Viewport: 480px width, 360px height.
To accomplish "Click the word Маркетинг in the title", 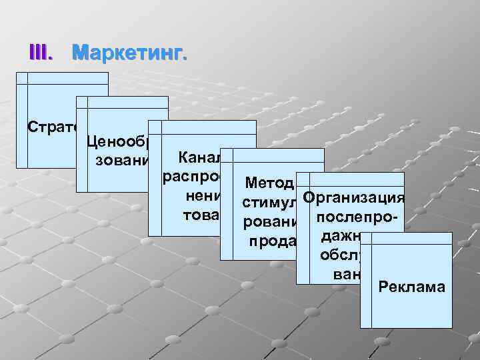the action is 129,51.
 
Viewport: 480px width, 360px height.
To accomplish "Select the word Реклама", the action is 411,287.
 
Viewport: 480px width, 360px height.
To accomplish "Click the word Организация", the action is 353,198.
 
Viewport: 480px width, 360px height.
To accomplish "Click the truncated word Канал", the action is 196,158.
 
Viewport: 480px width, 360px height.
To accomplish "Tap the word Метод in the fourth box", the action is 269,183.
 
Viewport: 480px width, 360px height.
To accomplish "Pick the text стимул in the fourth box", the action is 270,201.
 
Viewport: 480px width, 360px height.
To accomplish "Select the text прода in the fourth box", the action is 272,240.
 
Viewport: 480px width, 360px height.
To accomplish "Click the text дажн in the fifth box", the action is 341,237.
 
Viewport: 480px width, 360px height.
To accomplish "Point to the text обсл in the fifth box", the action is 340,256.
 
